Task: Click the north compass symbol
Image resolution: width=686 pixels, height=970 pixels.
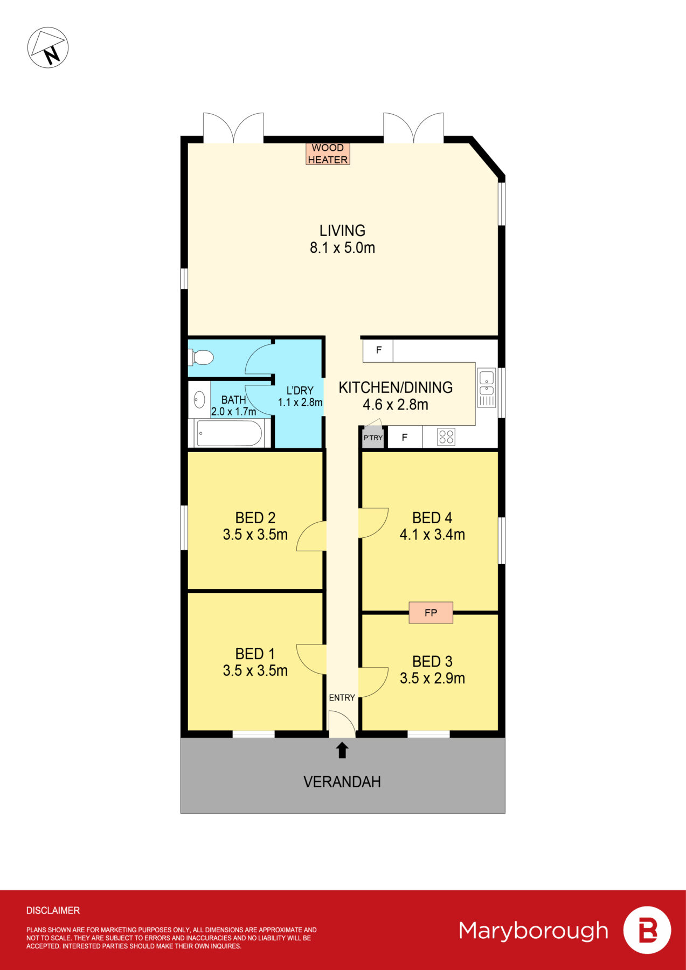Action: [x=48, y=48]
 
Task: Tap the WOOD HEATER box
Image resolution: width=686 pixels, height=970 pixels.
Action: [x=328, y=154]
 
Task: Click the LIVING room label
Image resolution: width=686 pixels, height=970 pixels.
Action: [x=342, y=231]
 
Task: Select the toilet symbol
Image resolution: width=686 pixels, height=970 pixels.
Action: [x=202, y=357]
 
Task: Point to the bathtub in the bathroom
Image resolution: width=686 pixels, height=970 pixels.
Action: [x=230, y=433]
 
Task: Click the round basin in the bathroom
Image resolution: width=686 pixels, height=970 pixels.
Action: [x=199, y=400]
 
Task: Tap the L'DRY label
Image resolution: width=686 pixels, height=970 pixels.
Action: [x=300, y=391]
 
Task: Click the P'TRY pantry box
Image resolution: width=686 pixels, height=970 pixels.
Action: [x=373, y=438]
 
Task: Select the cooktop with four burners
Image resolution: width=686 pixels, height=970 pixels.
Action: [x=446, y=437]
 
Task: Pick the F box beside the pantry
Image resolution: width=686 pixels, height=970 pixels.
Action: [x=405, y=438]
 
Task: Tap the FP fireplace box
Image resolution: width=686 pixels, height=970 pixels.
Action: [x=431, y=613]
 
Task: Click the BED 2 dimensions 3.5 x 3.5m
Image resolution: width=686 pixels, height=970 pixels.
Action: [x=255, y=535]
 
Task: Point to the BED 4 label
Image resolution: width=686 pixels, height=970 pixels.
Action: [x=432, y=518]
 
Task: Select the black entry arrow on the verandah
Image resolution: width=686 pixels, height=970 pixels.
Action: [x=342, y=750]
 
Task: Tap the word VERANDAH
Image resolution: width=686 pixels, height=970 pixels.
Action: [x=342, y=782]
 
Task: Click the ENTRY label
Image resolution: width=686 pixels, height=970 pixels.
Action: [x=342, y=698]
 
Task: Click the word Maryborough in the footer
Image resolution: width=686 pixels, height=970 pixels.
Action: [x=533, y=931]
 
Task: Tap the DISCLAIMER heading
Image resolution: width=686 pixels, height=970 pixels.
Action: [x=53, y=911]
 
